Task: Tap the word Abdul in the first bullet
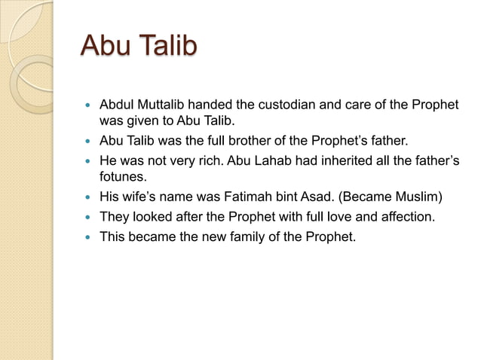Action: pyautogui.click(x=117, y=103)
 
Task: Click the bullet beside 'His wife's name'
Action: pyautogui.click(x=88, y=198)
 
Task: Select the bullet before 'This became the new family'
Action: pyautogui.click(x=88, y=237)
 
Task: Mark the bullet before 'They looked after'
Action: pyautogui.click(x=88, y=218)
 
